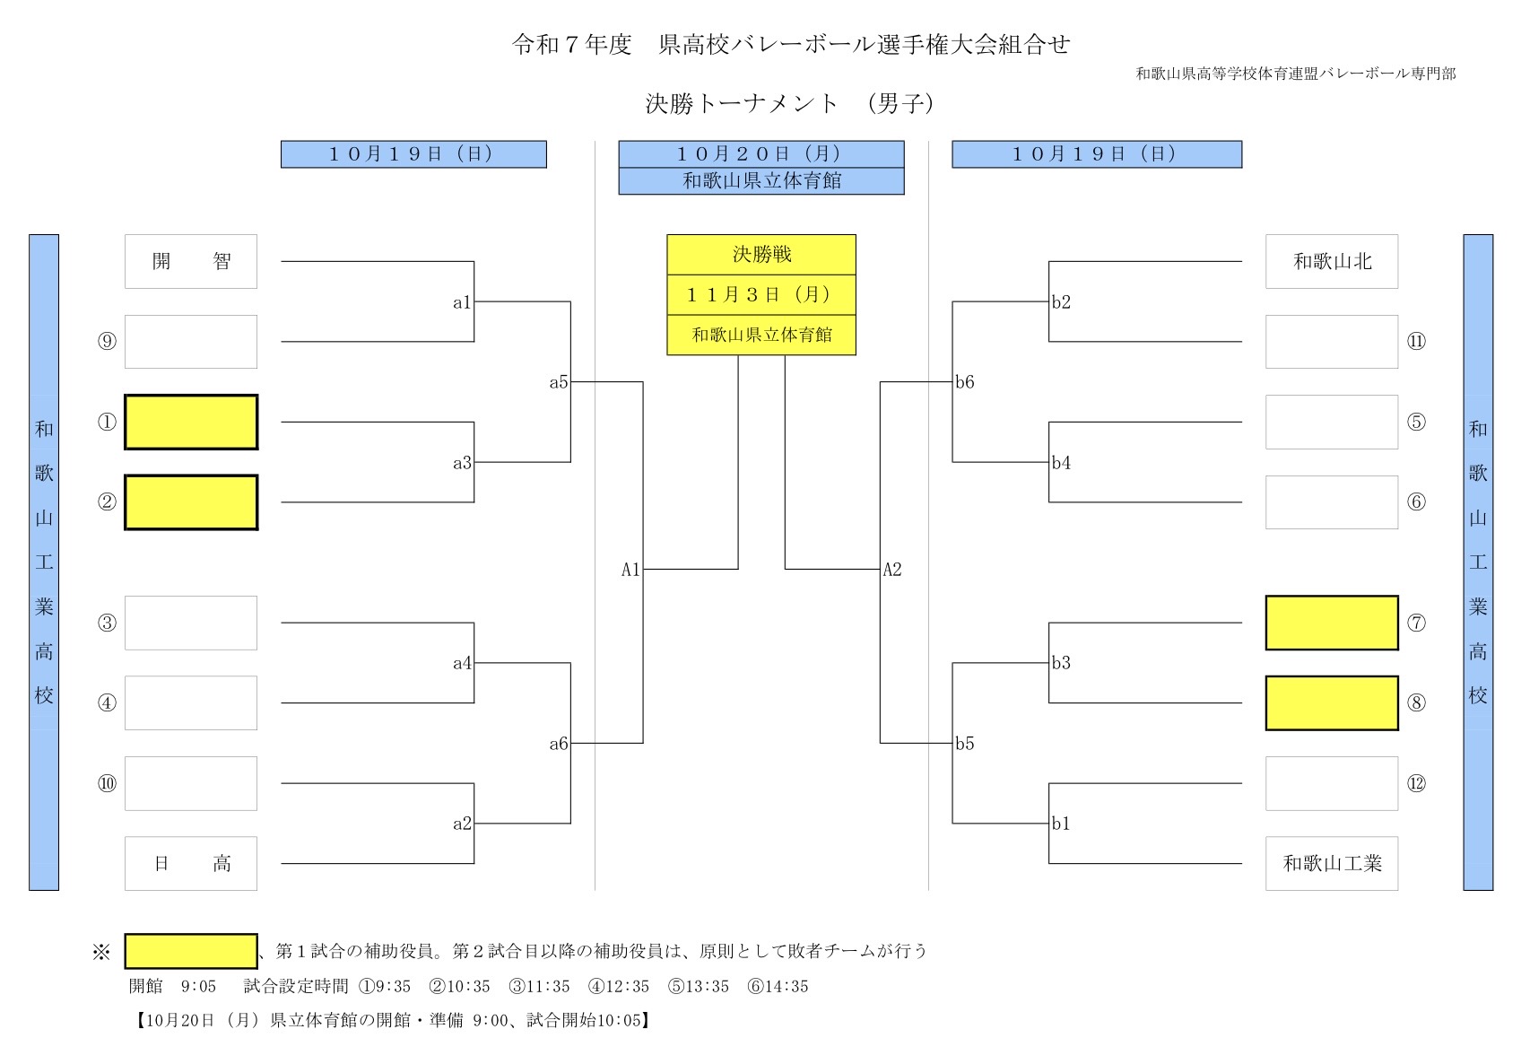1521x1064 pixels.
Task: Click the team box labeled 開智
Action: point(190,261)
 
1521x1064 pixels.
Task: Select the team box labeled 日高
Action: point(190,863)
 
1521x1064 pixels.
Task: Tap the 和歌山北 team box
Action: point(1331,261)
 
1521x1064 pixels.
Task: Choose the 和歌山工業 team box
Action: point(1331,863)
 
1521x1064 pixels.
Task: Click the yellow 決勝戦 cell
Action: point(760,255)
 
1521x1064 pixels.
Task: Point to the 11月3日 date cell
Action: point(760,294)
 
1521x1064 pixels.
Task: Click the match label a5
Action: point(559,382)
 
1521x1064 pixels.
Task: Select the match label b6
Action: point(964,382)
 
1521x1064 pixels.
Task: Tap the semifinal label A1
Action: point(630,569)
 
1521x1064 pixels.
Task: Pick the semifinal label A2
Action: point(891,569)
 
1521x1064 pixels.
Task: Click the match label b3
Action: point(1061,663)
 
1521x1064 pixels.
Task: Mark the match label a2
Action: point(462,824)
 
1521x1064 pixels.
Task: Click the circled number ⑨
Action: point(107,342)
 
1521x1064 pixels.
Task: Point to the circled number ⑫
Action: point(1416,783)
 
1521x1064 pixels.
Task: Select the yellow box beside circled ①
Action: point(190,422)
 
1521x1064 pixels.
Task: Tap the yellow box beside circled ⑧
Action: point(1331,702)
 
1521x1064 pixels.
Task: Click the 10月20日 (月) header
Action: point(760,154)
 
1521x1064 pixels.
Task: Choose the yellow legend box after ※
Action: point(190,951)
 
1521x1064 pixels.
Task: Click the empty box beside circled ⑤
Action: point(1331,422)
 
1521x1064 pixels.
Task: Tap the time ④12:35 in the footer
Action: point(619,987)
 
